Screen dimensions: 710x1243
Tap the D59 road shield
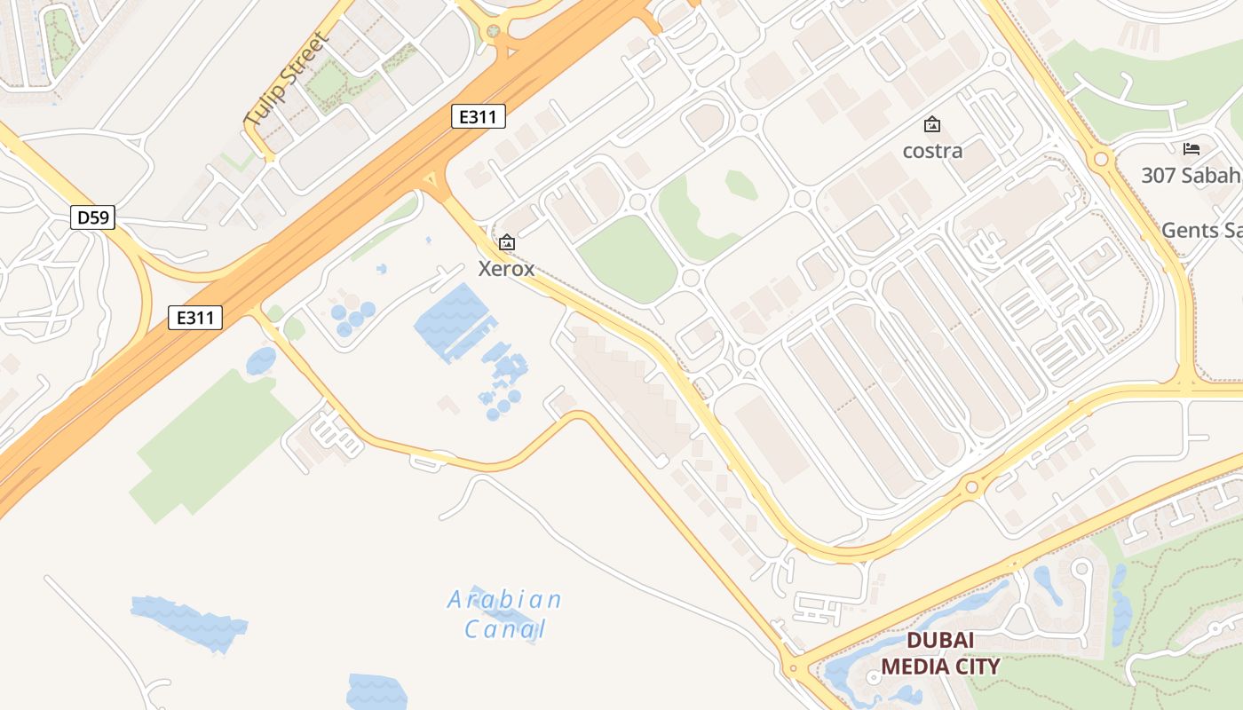(93, 217)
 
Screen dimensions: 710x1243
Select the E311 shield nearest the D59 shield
(194, 318)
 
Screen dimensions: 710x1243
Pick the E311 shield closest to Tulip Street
(479, 116)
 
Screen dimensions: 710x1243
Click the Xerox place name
(506, 268)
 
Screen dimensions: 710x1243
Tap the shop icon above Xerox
(506, 242)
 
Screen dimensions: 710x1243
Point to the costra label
(932, 151)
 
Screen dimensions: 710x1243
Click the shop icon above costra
(932, 125)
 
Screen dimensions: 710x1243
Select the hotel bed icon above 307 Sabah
(1191, 149)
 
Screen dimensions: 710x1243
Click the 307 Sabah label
(1190, 176)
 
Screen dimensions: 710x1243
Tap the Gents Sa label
(1201, 231)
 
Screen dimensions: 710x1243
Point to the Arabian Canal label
(504, 614)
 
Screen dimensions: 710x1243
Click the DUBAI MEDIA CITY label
(940, 653)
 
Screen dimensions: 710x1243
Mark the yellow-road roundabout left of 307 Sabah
(1102, 160)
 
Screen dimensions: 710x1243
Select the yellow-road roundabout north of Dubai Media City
(972, 487)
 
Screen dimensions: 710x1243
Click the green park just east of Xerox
(628, 259)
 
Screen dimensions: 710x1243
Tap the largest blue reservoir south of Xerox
(453, 315)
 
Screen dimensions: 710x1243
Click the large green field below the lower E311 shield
(213, 444)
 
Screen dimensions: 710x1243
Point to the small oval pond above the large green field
(261, 361)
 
